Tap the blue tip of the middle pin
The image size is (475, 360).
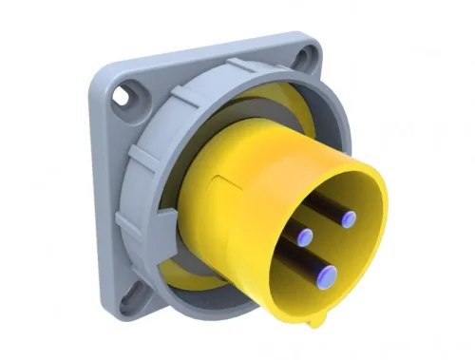(304, 237)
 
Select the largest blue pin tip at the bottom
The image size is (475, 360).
(329, 276)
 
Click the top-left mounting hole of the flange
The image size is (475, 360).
(122, 97)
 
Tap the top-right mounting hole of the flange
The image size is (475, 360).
(303, 59)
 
